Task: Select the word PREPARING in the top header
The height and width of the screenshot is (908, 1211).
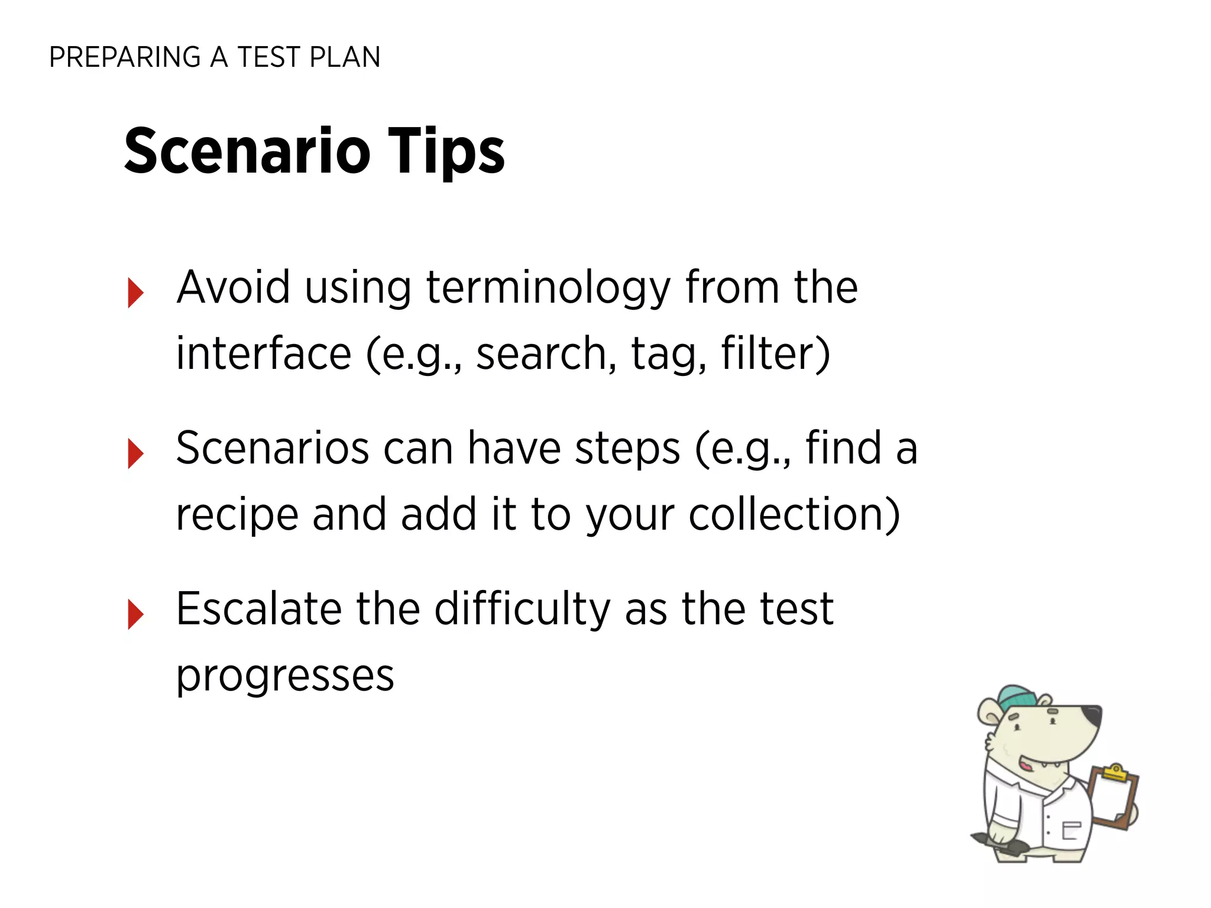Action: [x=125, y=57]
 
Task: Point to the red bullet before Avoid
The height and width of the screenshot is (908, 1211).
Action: [x=135, y=293]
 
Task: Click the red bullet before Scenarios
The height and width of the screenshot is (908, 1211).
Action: [x=135, y=453]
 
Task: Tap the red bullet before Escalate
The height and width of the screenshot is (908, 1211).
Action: [x=135, y=614]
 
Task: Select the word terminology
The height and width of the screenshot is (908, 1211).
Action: [x=548, y=288]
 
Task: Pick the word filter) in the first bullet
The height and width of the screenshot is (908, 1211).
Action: [x=775, y=354]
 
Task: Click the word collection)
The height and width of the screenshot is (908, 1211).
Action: [x=794, y=514]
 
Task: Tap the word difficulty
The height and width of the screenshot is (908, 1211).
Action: [x=522, y=609]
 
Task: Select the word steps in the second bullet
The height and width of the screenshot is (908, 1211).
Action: [x=627, y=448]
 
